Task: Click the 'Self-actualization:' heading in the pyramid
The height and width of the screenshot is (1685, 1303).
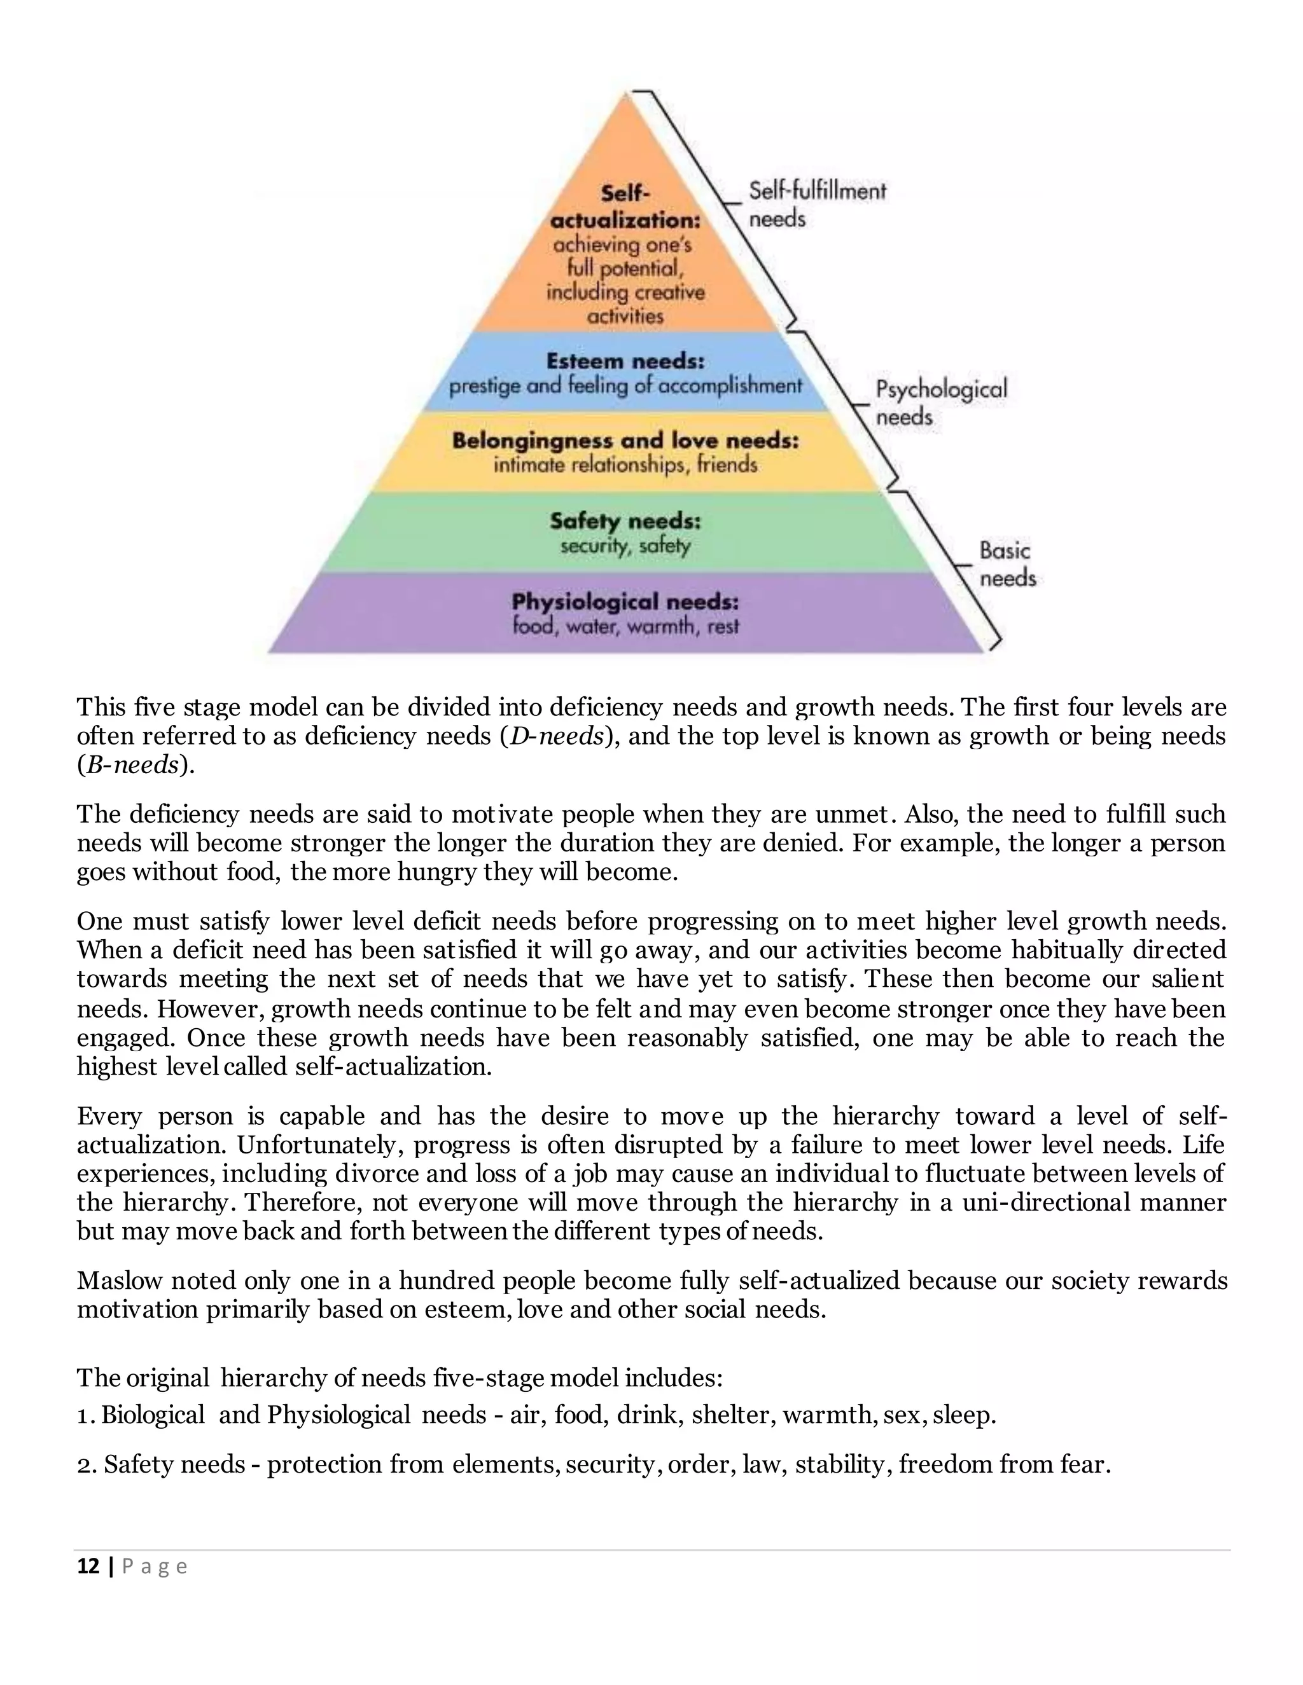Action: pyautogui.click(x=625, y=207)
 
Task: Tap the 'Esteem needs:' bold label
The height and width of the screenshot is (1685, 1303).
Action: pyautogui.click(x=625, y=361)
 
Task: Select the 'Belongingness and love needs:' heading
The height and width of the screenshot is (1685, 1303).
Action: pyautogui.click(x=625, y=441)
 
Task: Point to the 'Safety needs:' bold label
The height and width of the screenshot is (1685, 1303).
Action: pyautogui.click(x=625, y=521)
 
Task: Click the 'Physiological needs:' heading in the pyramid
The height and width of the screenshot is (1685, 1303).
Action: pyautogui.click(x=625, y=601)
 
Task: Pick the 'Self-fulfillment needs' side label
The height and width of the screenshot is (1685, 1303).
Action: pyautogui.click(x=817, y=205)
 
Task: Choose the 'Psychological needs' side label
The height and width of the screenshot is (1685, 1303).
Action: pyautogui.click(x=940, y=402)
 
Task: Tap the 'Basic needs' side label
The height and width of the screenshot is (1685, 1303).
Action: pyautogui.click(x=1007, y=564)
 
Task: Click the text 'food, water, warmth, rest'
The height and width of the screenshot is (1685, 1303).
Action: pyautogui.click(x=625, y=626)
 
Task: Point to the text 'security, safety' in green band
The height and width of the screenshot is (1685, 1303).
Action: pyautogui.click(x=625, y=546)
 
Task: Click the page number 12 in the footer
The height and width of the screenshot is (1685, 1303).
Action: pyautogui.click(x=88, y=1567)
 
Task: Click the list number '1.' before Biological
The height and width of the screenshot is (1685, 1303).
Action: pyautogui.click(x=87, y=1415)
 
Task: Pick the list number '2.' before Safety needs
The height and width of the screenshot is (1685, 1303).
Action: pyautogui.click(x=87, y=1464)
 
